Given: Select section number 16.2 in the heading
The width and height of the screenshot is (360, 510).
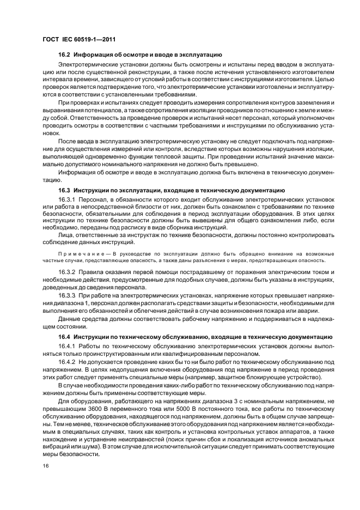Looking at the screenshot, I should (x=65, y=56).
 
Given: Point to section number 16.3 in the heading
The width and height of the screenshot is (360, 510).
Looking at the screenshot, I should (x=65, y=191).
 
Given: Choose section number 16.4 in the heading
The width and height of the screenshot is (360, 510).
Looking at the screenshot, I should (x=65, y=337).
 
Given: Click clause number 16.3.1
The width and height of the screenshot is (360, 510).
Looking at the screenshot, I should (x=68, y=200).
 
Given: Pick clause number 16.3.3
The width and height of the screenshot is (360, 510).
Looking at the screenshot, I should (x=68, y=295).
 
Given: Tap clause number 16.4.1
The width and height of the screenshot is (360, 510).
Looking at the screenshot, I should (x=68, y=347).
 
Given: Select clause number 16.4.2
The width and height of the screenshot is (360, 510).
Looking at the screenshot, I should (x=68, y=362).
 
